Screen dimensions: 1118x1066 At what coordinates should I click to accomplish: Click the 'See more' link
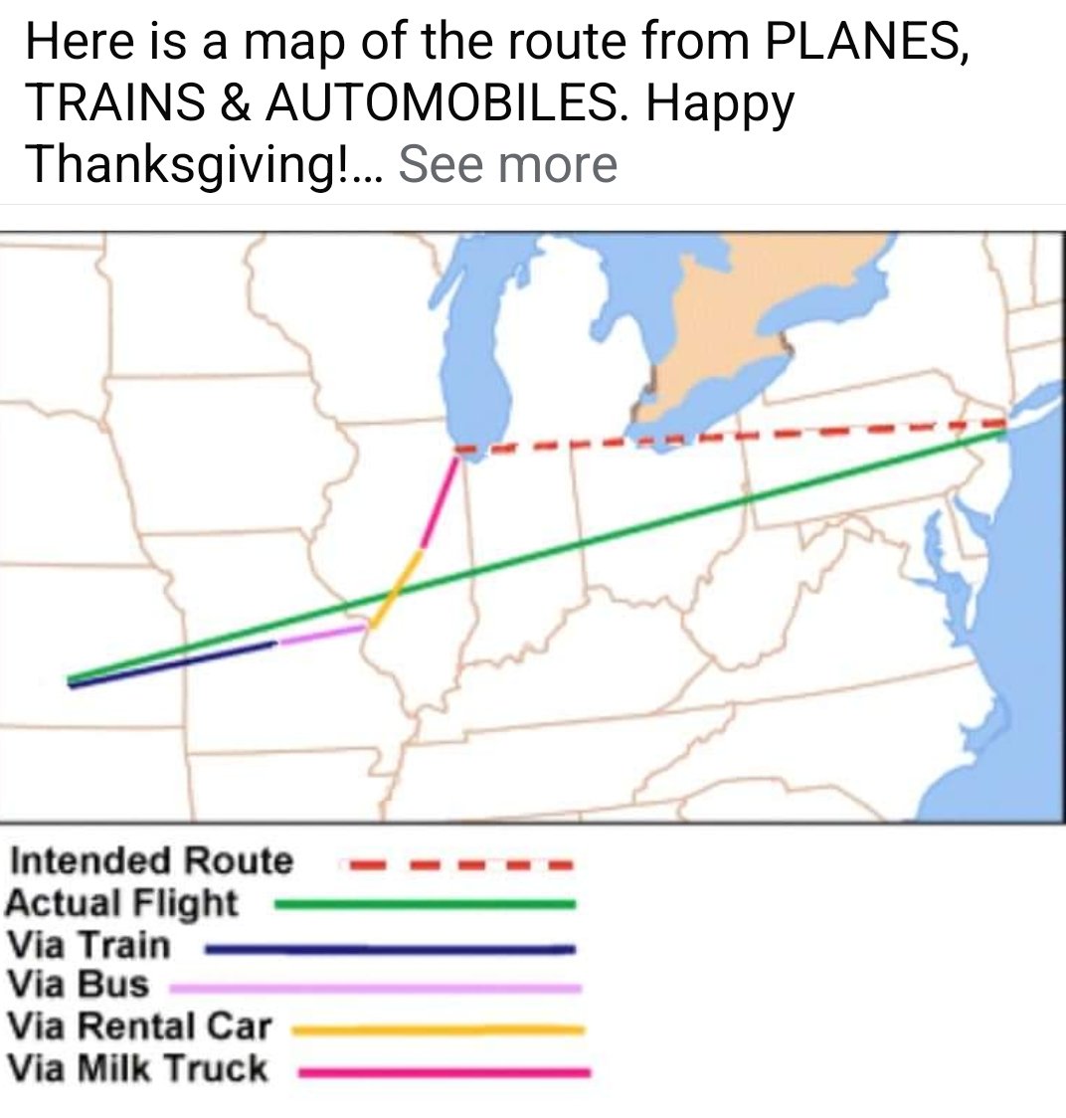point(507,164)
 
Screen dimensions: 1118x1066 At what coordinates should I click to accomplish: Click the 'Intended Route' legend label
point(152,860)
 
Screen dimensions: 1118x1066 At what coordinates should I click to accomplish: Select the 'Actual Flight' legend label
point(121,903)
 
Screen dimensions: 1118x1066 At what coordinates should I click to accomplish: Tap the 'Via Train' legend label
point(88,944)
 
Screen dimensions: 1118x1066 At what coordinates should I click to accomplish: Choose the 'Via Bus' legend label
point(77,985)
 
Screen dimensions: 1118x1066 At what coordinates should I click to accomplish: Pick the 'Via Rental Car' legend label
point(138,1025)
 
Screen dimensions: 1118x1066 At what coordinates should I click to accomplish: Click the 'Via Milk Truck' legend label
point(137,1068)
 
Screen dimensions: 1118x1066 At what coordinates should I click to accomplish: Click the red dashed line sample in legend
point(457,863)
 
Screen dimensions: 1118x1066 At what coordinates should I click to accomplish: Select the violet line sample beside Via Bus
point(376,988)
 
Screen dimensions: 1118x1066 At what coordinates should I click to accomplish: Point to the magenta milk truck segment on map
point(442,497)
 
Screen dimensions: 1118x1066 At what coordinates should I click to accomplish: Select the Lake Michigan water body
point(477,328)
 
